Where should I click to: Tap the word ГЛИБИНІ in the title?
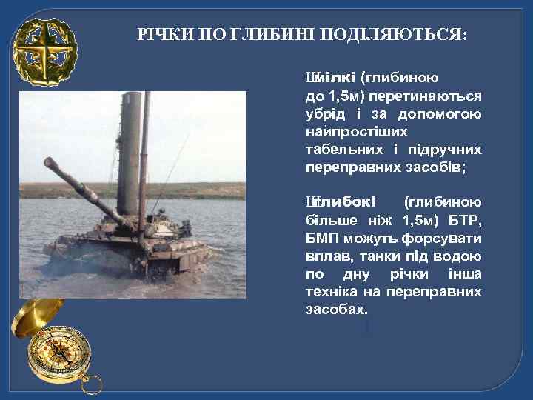pos(282,35)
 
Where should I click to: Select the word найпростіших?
pos(356,132)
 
